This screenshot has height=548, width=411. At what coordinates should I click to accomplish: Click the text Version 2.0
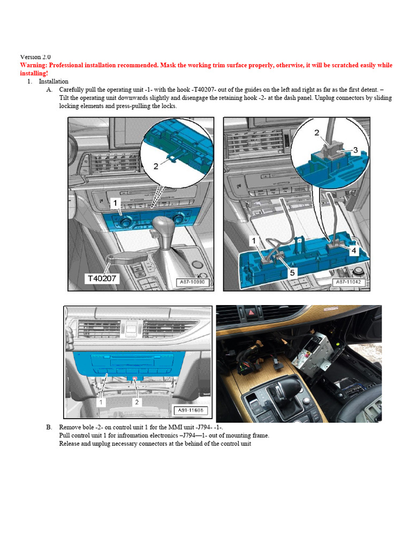pyautogui.click(x=35, y=57)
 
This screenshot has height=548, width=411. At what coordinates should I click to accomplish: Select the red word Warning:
pyautogui.click(x=35, y=65)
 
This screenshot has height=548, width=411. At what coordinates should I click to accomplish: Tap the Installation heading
pyautogui.click(x=54, y=81)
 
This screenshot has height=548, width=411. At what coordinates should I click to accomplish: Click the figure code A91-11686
pyautogui.click(x=189, y=411)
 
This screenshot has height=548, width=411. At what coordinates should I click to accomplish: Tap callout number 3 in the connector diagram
pyautogui.click(x=354, y=150)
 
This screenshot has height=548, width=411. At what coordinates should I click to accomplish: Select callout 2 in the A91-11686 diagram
pyautogui.click(x=137, y=401)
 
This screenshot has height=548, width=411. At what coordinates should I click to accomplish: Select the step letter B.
pyautogui.click(x=49, y=427)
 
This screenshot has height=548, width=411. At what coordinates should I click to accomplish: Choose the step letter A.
pyautogui.click(x=49, y=89)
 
